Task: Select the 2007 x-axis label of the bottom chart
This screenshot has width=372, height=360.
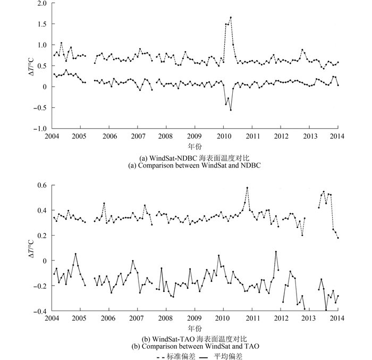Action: [137, 318]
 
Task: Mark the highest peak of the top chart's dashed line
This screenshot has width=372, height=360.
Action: [231, 17]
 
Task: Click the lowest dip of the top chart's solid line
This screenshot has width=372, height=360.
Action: [231, 110]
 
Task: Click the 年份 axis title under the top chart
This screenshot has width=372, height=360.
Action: [196, 146]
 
